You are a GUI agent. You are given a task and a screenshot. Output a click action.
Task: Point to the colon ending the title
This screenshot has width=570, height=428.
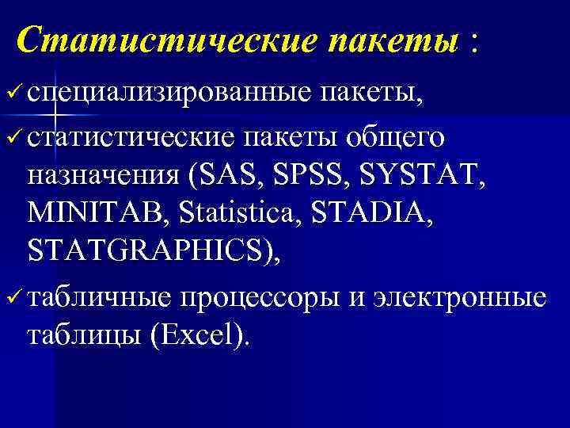tap(473, 41)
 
